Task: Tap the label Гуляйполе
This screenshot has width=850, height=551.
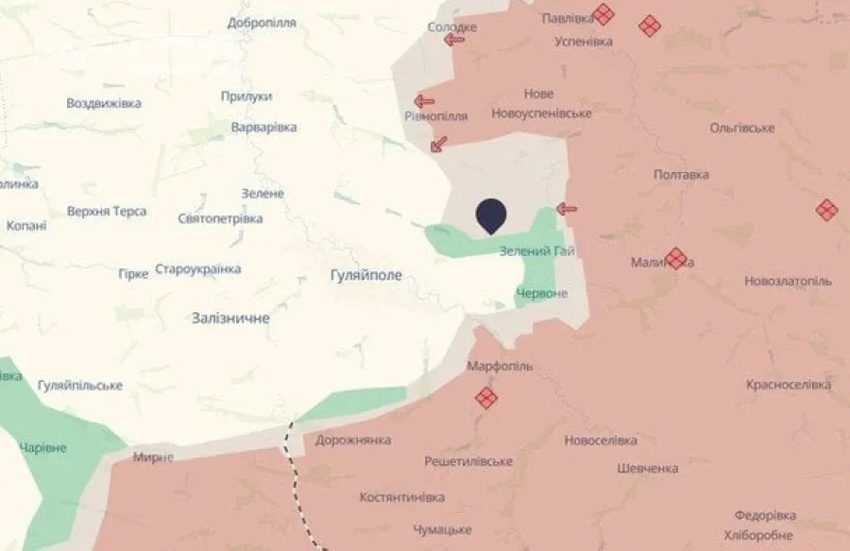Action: (365, 275)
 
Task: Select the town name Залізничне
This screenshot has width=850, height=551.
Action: (229, 319)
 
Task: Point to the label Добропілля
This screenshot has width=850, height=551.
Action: (263, 23)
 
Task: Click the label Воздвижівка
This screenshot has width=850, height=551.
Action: (104, 103)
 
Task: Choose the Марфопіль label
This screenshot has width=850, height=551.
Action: (500, 365)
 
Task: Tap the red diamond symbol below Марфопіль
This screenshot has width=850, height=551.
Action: (485, 398)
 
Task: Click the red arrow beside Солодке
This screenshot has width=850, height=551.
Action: (455, 40)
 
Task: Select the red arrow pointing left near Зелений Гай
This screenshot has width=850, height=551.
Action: (567, 209)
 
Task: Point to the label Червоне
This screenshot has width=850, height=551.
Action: (542, 294)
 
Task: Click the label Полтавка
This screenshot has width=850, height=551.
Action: (681, 175)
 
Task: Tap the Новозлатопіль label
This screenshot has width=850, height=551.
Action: (788, 282)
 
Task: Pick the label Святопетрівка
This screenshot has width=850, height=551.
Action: (220, 218)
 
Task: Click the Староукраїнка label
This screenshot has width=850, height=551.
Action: (197, 269)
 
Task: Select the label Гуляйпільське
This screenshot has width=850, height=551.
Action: (80, 386)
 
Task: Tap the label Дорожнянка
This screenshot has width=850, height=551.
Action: (353, 440)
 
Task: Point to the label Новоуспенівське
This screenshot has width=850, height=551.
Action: (541, 113)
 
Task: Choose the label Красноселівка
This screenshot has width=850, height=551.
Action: (788, 385)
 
